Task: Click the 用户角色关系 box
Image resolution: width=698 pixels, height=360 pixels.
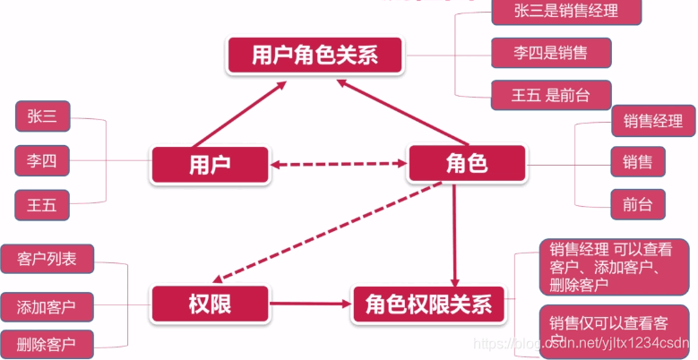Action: click(315, 56)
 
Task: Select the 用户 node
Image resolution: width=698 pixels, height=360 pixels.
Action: click(211, 165)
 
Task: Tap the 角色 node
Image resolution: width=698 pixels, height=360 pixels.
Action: click(466, 165)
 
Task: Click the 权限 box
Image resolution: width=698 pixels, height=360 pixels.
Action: click(211, 304)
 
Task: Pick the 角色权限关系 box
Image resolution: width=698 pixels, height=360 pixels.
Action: click(428, 304)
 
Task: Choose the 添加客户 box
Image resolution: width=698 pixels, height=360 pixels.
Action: click(47, 305)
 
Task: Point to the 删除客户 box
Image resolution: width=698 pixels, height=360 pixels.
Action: click(47, 343)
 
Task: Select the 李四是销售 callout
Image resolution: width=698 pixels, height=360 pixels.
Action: click(551, 53)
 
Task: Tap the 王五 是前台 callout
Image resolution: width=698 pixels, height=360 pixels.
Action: click(551, 95)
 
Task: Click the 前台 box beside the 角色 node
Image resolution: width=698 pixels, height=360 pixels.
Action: click(638, 204)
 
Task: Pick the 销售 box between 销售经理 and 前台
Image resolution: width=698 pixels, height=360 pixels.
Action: click(638, 162)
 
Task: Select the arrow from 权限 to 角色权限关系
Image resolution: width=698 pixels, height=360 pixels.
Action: click(309, 304)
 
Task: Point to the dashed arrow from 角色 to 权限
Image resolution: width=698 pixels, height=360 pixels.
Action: click(332, 232)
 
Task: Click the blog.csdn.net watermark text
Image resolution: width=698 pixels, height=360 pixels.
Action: click(582, 342)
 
